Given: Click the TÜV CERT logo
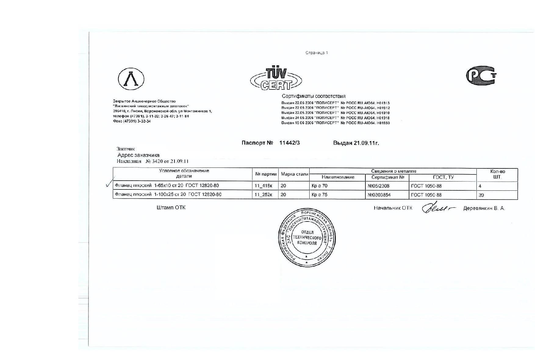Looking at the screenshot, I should pos(276,78).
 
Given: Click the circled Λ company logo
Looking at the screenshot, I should pos(131,79).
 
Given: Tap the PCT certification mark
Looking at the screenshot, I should pos(481,76).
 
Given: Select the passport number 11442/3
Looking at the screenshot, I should pos(289,143).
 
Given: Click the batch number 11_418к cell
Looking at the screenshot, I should pos(263,185).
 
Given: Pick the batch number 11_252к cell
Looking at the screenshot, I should pos(263,195).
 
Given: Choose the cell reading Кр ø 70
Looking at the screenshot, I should pos(319,186).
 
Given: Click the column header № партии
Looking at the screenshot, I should pos(266,174).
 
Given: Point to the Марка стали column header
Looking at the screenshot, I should pos(294,174).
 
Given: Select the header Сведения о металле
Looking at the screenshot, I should pos(393,171).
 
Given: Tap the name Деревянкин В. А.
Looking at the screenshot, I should pos(484,208).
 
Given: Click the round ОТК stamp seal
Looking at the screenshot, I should pos(307,237).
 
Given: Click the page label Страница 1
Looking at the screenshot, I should pos(317,53).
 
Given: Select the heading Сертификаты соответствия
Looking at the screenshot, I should pos(314,96).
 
